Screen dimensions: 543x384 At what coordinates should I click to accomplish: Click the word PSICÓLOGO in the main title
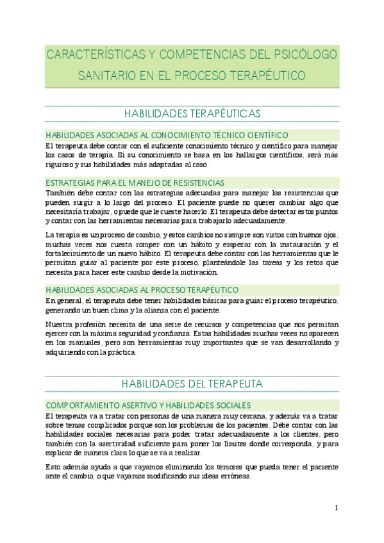click(x=301, y=54)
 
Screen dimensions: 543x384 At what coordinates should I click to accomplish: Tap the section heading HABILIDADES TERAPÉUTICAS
click(x=192, y=113)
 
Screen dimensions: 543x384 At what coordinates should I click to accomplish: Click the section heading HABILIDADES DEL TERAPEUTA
click(x=192, y=384)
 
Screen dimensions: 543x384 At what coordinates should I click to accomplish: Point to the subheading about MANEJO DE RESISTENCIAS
click(x=135, y=182)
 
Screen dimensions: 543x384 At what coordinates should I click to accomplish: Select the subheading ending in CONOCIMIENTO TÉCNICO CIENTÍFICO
click(x=167, y=135)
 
